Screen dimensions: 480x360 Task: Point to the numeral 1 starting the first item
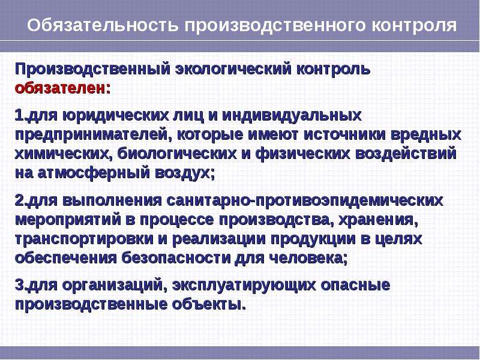pos(19,116)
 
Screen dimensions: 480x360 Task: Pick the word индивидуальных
pos(292,116)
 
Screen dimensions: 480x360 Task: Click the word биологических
pos(177,154)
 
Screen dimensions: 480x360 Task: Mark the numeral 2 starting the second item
pos(19,200)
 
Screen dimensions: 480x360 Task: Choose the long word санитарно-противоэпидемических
pos(305,201)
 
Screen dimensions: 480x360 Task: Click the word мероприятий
pos(68,220)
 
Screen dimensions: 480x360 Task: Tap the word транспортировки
pos(84,239)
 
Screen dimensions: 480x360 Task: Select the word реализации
pos(219,239)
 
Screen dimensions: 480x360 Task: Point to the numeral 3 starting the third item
pos(19,286)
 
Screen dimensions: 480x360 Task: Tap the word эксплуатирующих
pos(244,286)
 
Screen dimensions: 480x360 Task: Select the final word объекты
pos(209,304)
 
